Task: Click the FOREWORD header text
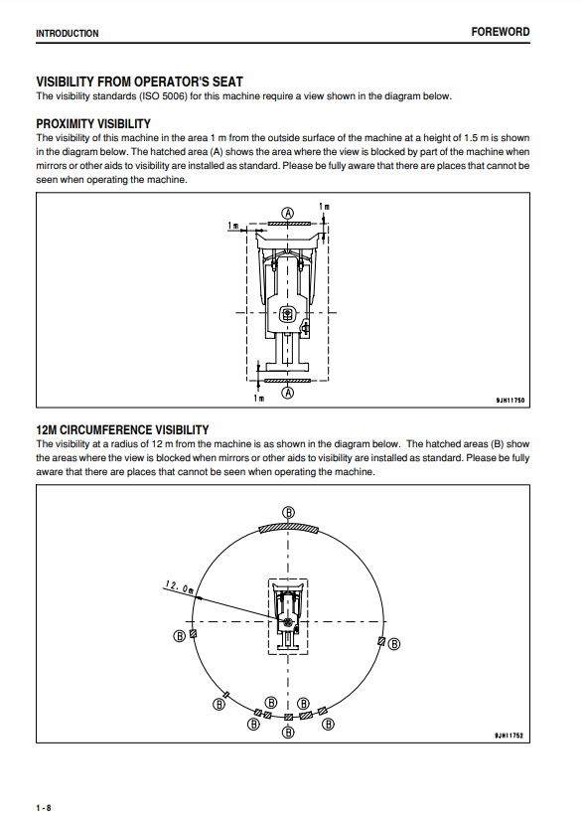[500, 32]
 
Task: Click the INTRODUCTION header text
[68, 34]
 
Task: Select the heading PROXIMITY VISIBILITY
[93, 124]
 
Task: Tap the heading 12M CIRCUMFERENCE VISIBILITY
[122, 429]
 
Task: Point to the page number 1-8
[44, 808]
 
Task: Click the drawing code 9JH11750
[510, 401]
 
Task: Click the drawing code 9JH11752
[509, 736]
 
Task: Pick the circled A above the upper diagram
[288, 213]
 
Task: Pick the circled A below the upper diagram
[288, 393]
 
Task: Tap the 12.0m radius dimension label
[179, 587]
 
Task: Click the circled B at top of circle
[288, 512]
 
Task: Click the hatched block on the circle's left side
[193, 634]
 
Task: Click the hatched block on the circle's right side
[381, 641]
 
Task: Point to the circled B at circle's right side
[394, 644]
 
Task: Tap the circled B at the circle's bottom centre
[288, 732]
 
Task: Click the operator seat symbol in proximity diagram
[288, 314]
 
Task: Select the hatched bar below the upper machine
[288, 380]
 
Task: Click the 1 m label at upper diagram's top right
[325, 207]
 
